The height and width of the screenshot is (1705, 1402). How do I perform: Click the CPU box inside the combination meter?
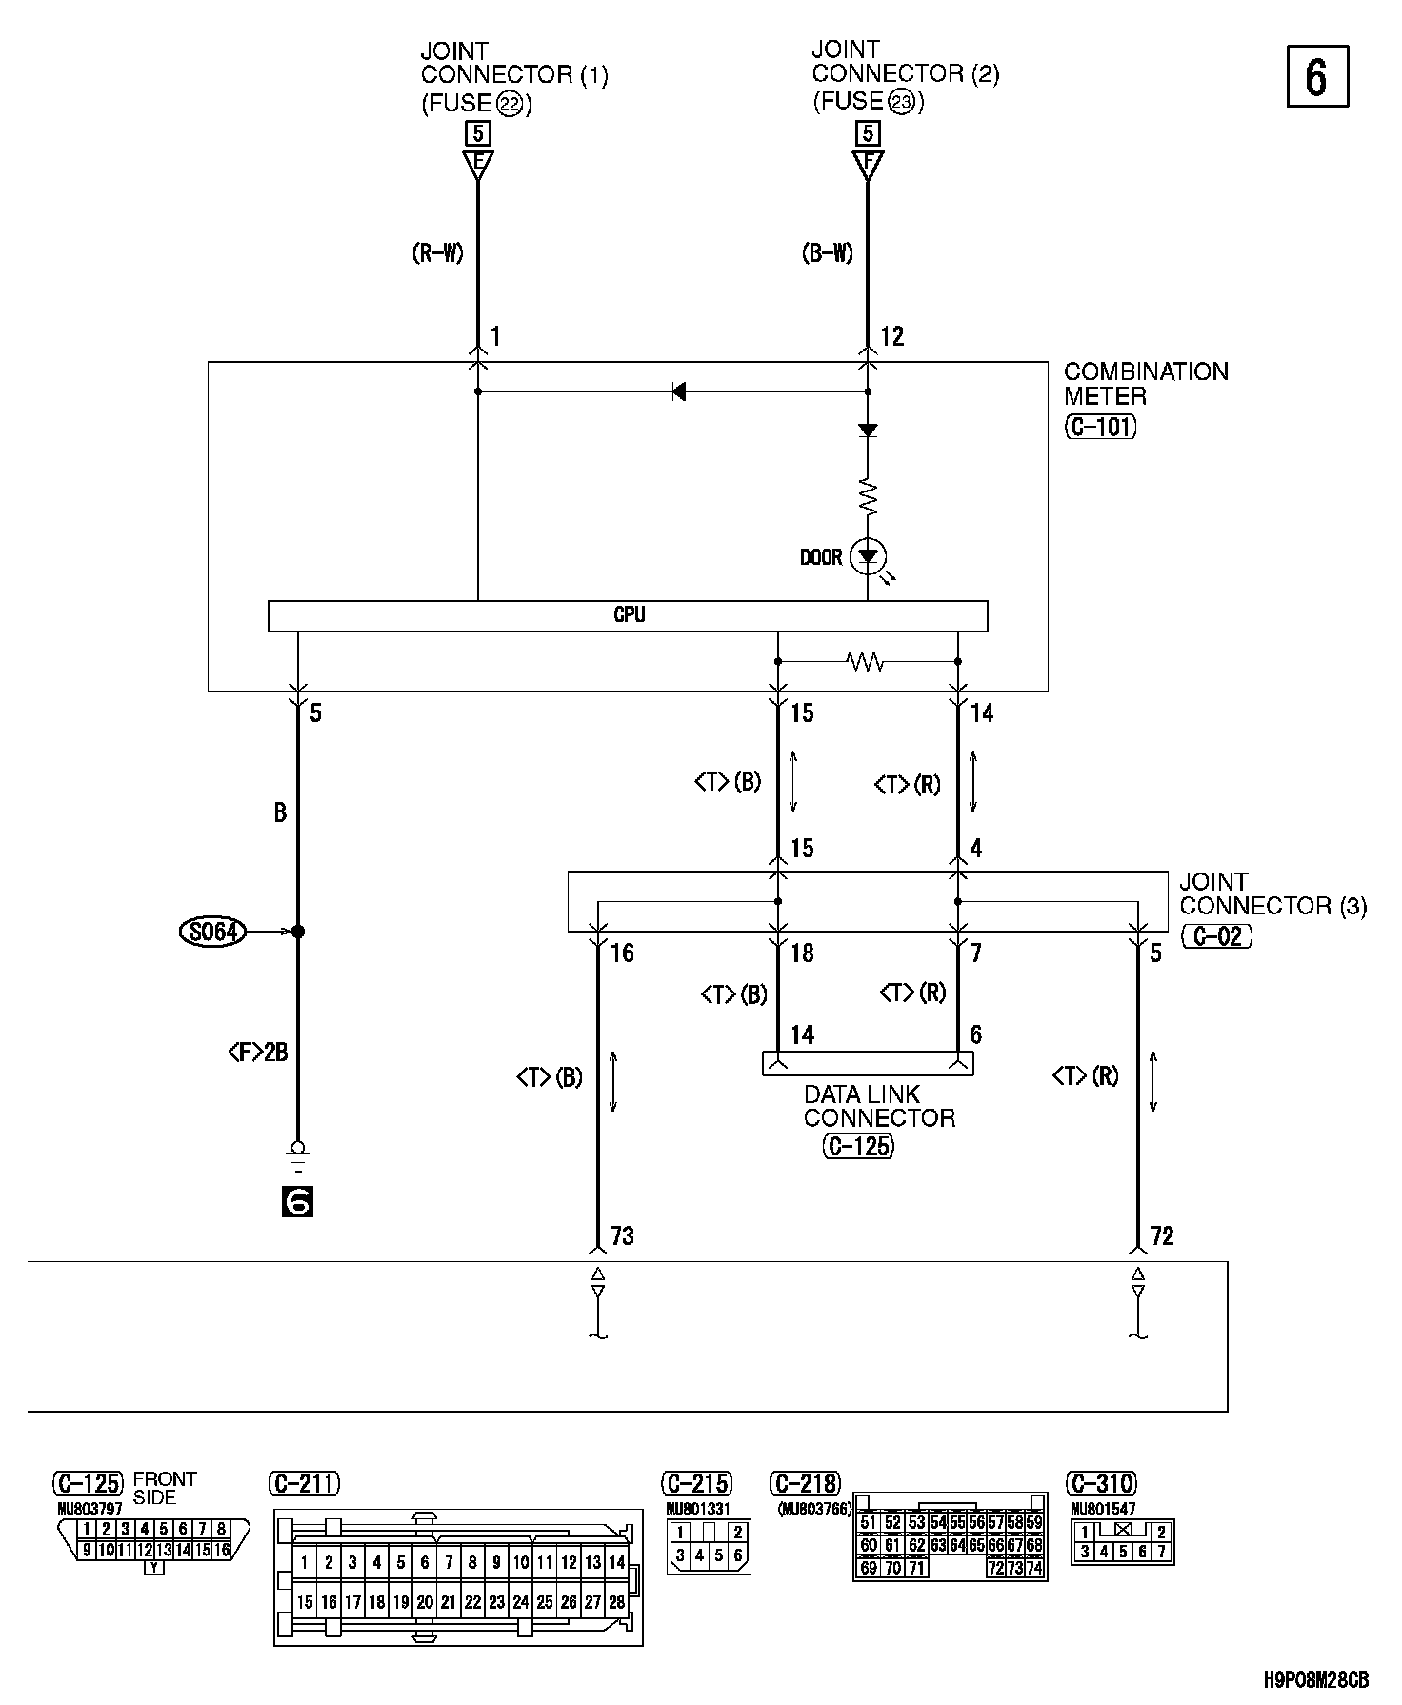(628, 615)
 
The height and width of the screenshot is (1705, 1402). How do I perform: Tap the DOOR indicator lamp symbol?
(868, 556)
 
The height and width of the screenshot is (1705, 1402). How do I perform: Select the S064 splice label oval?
(212, 932)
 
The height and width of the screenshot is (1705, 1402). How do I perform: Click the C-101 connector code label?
(1100, 427)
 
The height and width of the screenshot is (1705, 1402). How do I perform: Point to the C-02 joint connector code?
(1217, 936)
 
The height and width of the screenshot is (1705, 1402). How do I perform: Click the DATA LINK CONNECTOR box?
(868, 1063)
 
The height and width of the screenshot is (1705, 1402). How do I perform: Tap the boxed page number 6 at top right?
(1317, 76)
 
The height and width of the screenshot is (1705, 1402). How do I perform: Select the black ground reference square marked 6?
(297, 1203)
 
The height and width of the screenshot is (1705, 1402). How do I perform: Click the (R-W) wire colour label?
(438, 253)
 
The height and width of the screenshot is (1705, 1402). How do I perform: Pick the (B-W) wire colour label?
(829, 253)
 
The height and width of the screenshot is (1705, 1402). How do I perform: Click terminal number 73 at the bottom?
(622, 1236)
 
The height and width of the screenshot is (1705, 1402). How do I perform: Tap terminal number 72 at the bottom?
(1162, 1236)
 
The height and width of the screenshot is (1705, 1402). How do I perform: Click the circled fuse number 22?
(510, 105)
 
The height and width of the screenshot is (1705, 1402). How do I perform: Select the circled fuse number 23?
(901, 102)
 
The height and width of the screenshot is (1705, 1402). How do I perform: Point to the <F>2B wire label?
(258, 1053)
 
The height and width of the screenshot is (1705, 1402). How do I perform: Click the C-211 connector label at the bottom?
(305, 1483)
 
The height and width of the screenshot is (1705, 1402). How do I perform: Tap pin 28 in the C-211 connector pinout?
(617, 1602)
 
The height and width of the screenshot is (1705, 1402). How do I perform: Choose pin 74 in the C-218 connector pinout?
(1034, 1568)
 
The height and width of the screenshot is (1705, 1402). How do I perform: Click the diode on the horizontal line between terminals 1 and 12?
(678, 391)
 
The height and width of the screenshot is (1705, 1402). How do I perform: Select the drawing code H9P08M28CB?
(1317, 1678)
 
